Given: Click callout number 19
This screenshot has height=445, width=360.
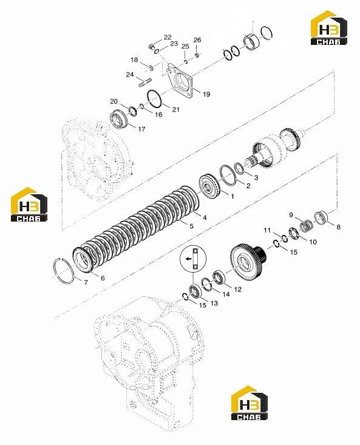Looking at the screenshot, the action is (x=206, y=94).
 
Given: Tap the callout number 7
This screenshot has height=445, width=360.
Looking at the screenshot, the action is (x=86, y=282).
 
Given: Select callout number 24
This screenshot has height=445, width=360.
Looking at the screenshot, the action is (x=130, y=75).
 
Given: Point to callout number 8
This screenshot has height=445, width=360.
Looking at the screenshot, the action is (x=338, y=227).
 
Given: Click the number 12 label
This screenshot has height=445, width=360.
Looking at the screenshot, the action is (x=237, y=289).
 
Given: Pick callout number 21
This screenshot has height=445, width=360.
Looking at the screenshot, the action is (x=176, y=109).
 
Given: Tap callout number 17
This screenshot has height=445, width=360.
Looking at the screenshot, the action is (x=141, y=129).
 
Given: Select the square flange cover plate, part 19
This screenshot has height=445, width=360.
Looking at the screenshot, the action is (x=180, y=81).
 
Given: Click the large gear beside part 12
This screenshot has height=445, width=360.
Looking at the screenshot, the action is (x=246, y=259).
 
